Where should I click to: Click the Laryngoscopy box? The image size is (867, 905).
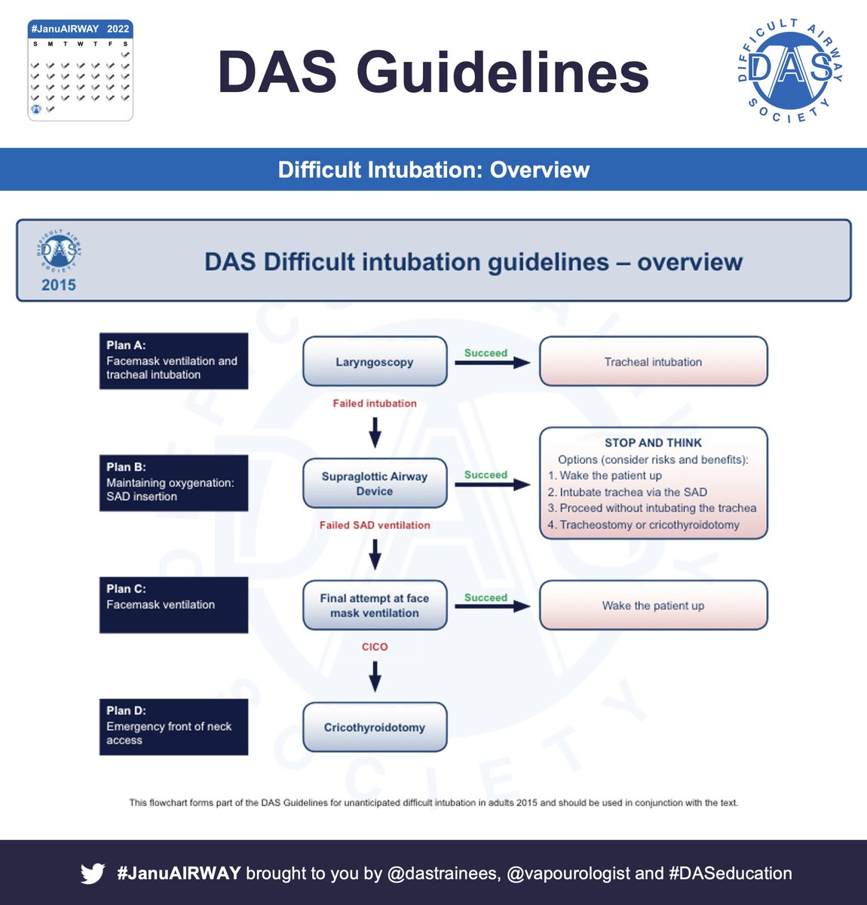375,361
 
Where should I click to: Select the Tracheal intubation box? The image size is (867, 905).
653,361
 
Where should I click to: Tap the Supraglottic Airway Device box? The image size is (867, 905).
375,483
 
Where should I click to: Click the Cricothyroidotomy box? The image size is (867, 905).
375,727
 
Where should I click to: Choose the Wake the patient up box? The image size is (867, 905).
653,605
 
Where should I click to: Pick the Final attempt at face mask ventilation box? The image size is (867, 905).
375,605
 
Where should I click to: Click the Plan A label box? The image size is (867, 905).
173,360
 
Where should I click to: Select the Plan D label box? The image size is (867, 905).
173,726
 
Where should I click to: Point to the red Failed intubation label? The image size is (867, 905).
375,403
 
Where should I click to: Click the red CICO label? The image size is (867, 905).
375,647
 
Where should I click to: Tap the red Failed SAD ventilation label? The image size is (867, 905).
375,525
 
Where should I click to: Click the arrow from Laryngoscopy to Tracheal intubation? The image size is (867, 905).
492,363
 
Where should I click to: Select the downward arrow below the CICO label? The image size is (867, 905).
375,676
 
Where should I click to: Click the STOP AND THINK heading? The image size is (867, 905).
653,443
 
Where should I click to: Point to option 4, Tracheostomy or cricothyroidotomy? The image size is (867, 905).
648,525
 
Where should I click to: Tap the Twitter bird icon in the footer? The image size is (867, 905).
93,873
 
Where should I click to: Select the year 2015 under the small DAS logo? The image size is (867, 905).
59,285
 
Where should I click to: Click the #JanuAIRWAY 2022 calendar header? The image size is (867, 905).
80,29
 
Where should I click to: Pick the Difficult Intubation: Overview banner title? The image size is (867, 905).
433,170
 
